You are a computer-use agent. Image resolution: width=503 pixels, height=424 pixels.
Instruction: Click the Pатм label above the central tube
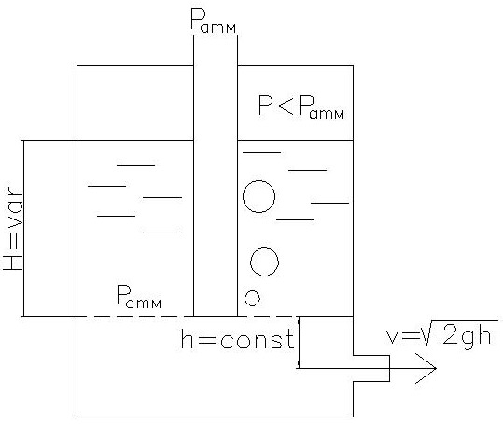[x=214, y=21]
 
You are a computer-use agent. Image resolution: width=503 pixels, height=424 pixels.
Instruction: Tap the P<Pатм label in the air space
[x=301, y=107]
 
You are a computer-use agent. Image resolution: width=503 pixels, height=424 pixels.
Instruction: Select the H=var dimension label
[x=13, y=229]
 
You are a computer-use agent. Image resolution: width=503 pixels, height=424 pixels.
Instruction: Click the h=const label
[x=237, y=339]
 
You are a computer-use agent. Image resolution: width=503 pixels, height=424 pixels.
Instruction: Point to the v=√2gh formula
[x=443, y=333]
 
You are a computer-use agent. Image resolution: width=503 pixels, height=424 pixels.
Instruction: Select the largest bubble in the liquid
[x=258, y=196]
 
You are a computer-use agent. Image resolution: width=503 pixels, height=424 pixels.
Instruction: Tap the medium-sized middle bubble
[x=264, y=261]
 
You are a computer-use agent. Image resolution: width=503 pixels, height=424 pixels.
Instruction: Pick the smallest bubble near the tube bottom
[x=252, y=298]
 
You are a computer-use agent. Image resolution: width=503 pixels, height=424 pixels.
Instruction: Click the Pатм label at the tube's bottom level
[x=138, y=297]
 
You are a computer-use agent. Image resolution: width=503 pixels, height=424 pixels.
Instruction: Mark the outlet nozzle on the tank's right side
[x=371, y=369]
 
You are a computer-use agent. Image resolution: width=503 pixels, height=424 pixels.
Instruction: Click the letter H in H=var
[x=13, y=261]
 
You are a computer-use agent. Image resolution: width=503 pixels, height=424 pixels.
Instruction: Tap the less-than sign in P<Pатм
[x=285, y=105]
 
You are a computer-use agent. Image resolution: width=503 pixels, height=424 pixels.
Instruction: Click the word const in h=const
[x=257, y=340]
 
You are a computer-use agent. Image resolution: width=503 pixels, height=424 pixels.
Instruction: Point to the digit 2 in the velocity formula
[x=451, y=334]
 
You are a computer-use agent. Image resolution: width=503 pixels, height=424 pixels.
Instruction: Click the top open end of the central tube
[x=216, y=35]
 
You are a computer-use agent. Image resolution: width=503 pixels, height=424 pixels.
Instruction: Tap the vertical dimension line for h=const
[x=299, y=342]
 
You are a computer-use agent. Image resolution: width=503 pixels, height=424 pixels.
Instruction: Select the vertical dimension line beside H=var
[x=23, y=228]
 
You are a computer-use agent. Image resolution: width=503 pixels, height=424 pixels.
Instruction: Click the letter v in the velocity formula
[x=393, y=337]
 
